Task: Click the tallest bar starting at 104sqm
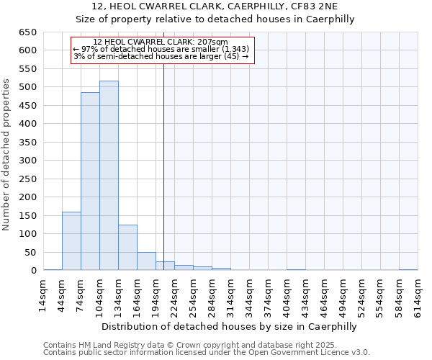pos(109,176)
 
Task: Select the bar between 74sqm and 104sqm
pos(90,181)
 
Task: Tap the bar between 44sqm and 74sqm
pos(71,241)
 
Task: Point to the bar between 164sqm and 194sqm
pos(146,261)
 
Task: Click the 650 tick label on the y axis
pos(27,32)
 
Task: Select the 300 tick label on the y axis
pos(27,161)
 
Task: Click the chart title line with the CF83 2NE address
pos(215,6)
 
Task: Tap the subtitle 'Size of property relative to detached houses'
pos(215,19)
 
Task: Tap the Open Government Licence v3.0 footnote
pos(207,353)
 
